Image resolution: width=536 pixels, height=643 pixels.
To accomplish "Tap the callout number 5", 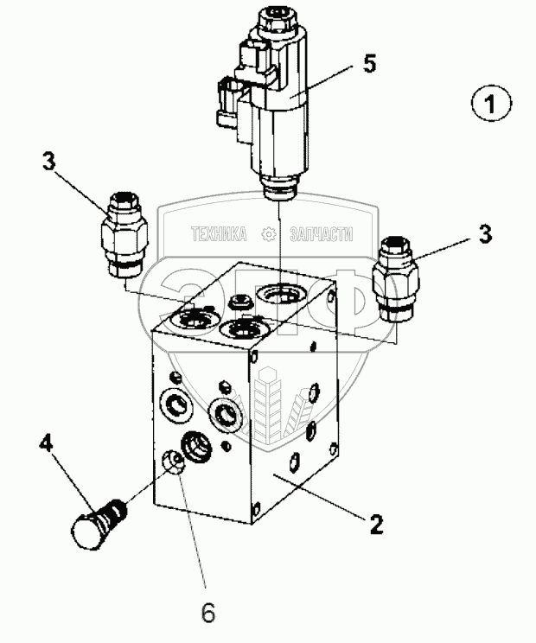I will tap(369, 64).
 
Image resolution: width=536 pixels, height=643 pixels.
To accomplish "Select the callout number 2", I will tap(376, 523).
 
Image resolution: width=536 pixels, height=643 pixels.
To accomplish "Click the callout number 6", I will tap(207, 611).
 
